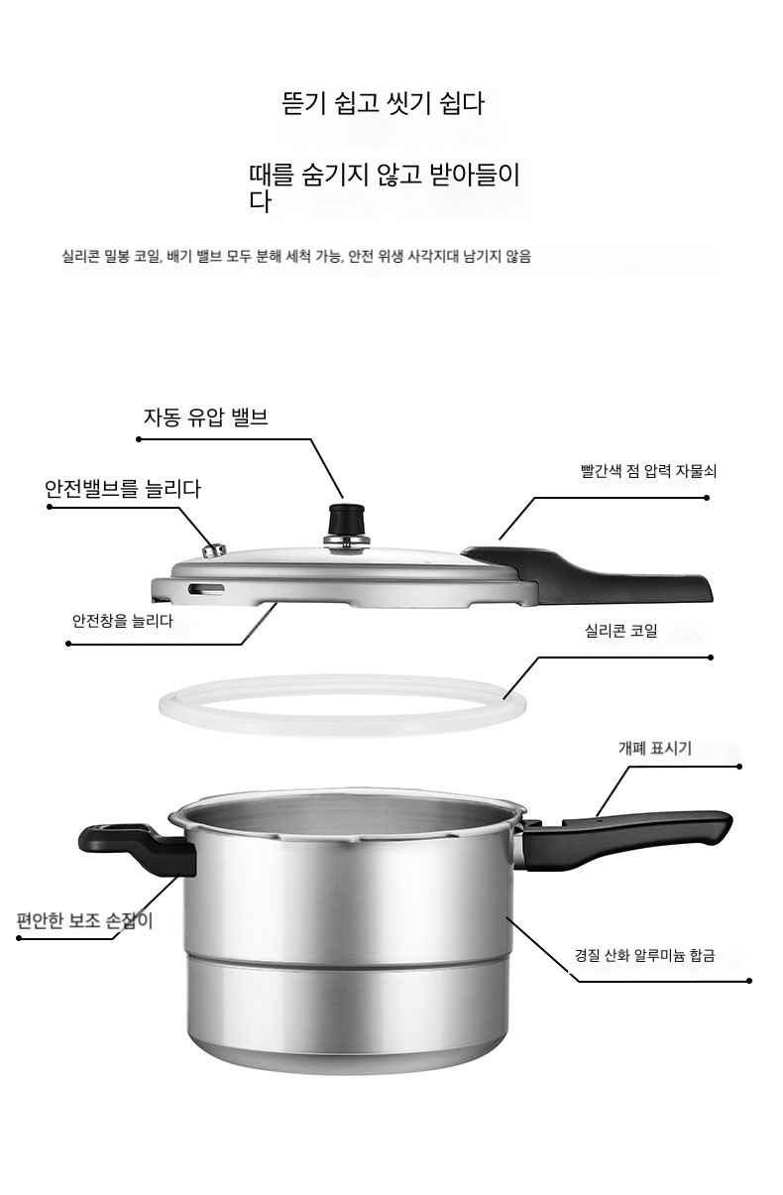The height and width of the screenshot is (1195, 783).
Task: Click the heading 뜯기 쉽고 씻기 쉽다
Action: point(383,103)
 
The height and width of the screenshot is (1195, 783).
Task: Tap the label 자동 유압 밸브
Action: point(206,418)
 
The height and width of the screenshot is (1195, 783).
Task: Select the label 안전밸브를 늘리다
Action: point(123,489)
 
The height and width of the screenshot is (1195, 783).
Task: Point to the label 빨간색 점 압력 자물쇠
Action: point(648,471)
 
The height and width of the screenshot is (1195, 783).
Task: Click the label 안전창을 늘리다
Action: point(123,621)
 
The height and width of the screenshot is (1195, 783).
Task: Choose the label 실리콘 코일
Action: point(621,631)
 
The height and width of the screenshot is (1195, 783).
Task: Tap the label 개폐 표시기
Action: point(654,749)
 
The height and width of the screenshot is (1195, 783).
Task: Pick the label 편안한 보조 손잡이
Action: point(85,920)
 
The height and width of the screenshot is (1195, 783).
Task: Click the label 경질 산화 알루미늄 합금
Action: point(644,955)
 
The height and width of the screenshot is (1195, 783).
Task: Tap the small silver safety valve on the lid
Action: point(214,549)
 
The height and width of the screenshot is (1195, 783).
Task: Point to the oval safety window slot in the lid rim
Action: point(206,589)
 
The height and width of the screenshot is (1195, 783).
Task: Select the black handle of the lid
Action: point(587,573)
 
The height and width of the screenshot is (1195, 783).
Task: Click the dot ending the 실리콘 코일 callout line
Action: point(711,657)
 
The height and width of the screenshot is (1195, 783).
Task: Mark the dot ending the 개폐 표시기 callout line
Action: point(739,767)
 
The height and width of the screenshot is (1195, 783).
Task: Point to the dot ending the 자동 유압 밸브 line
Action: point(139,439)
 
